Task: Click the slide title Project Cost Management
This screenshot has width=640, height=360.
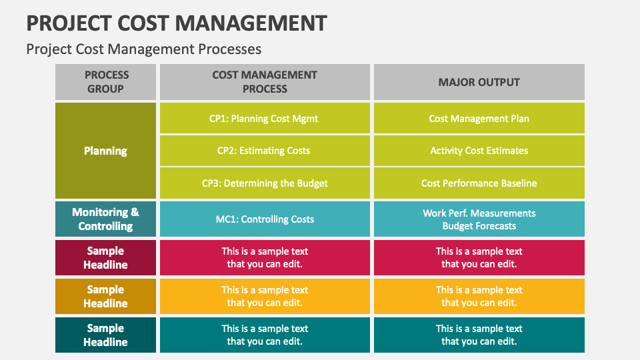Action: coord(177,23)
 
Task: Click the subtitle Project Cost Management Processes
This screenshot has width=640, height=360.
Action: coord(143,49)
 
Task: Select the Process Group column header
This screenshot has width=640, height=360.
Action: coord(105,82)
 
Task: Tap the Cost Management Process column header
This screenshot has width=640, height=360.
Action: coord(265,82)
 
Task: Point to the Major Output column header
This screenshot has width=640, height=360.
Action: coord(479,82)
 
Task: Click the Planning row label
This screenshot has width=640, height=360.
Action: coord(105,151)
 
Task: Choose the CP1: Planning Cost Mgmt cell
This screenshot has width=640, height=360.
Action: coord(265,119)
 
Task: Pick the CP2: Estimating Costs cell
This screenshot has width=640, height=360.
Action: coord(265,151)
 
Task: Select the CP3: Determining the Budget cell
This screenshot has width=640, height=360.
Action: coord(265,183)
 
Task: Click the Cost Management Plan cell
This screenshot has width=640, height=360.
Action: coord(479,119)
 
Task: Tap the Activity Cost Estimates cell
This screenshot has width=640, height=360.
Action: coord(479,151)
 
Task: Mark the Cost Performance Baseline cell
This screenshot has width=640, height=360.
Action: coord(479,183)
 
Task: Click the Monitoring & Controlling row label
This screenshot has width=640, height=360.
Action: coord(105,219)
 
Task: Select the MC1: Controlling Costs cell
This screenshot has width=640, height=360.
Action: coord(265,219)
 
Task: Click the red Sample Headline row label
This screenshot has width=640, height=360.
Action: coord(105,258)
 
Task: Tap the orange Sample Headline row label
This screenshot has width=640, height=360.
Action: coord(105,297)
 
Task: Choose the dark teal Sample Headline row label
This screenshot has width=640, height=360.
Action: coord(105,335)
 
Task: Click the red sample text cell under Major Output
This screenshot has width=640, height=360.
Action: coord(479,258)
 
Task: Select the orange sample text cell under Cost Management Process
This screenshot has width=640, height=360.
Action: coord(265,297)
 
